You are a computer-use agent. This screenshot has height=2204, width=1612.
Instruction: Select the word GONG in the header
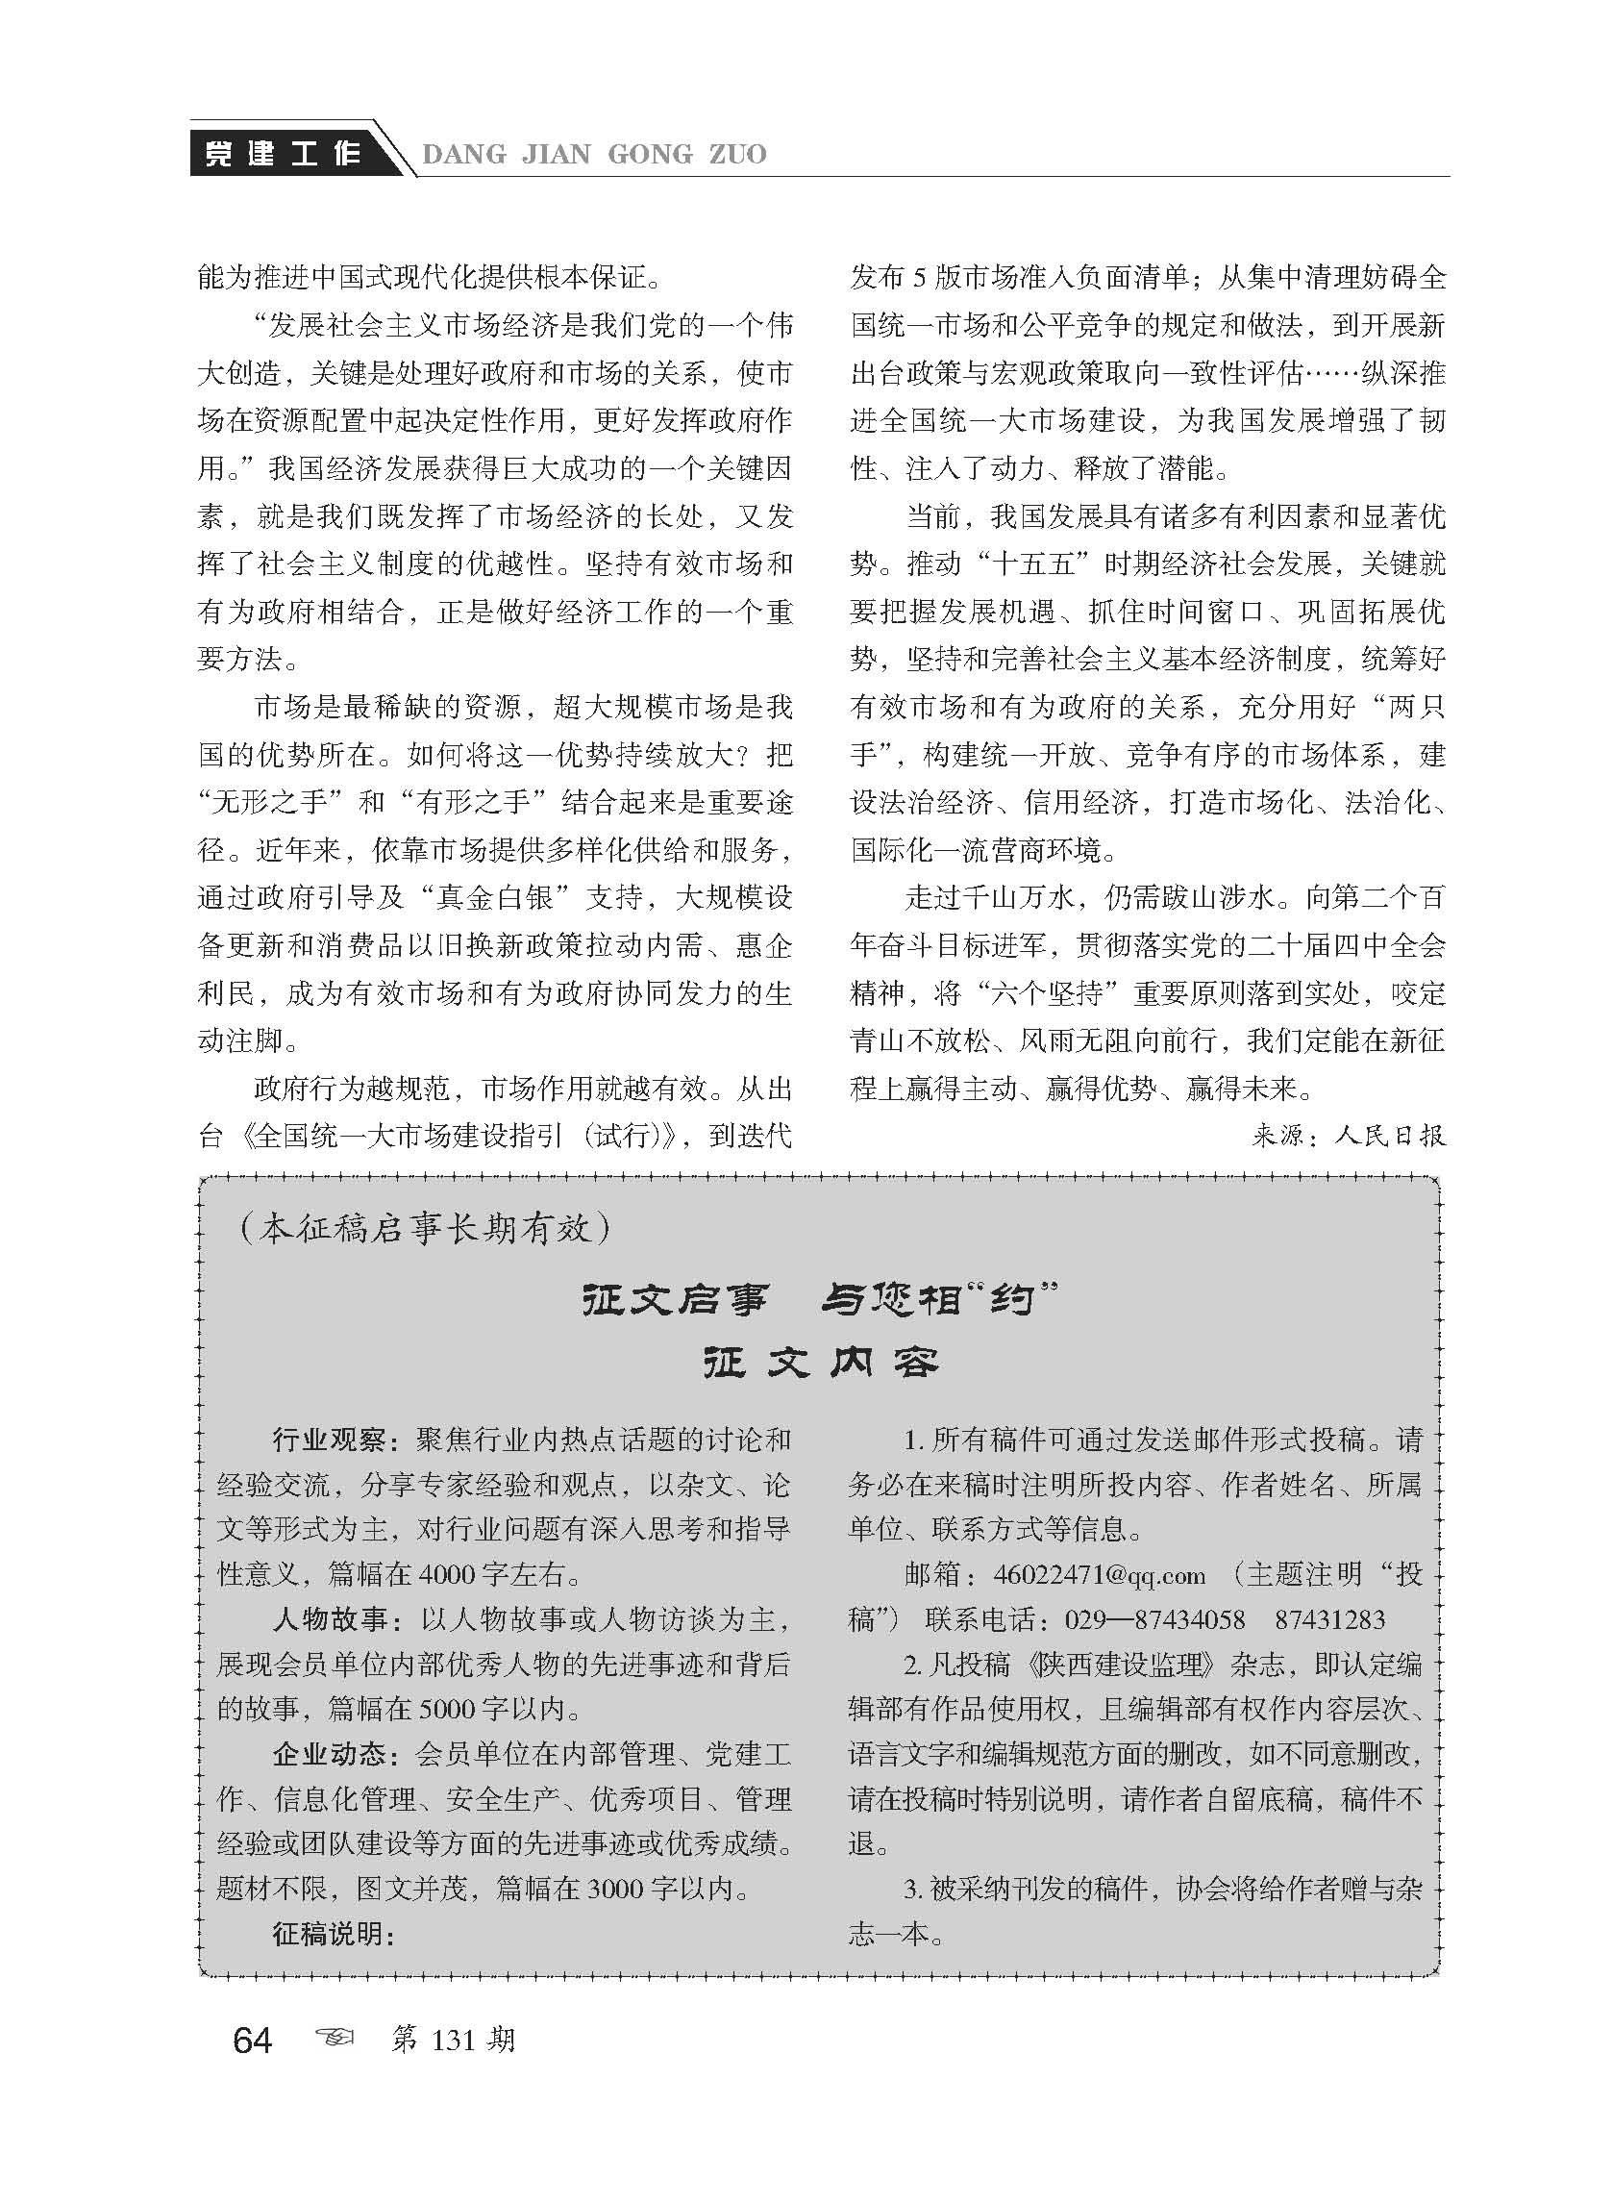click(x=649, y=154)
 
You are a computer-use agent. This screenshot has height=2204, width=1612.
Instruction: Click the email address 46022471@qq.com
click(x=1099, y=1575)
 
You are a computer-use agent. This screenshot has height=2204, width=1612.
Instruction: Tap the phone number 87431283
click(x=1329, y=1620)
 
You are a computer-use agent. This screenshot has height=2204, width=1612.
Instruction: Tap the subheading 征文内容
click(x=820, y=1364)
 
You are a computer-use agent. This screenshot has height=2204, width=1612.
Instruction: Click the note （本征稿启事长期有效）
click(x=425, y=1229)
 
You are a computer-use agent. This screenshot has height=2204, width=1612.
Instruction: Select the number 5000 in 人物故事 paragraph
click(x=448, y=1710)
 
